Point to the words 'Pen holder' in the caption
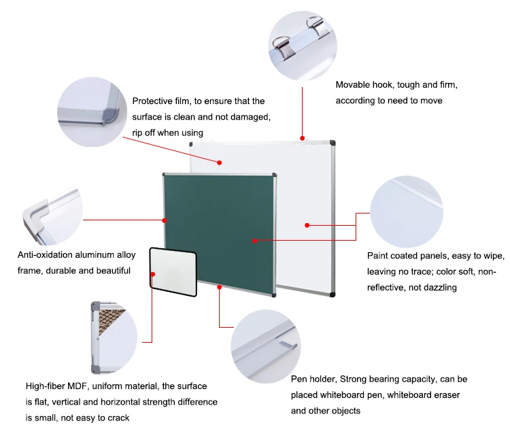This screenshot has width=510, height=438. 313,380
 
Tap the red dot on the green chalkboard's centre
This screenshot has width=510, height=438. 254,240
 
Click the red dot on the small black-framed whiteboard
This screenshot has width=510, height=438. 154,273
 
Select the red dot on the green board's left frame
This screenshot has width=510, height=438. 165,220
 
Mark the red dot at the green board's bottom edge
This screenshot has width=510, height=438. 220,288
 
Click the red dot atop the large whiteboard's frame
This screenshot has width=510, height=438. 302,138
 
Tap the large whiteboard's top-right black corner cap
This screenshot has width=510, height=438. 332,143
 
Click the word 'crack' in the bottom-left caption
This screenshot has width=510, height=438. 118,418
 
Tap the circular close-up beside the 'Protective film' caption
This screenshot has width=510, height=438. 92,111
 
